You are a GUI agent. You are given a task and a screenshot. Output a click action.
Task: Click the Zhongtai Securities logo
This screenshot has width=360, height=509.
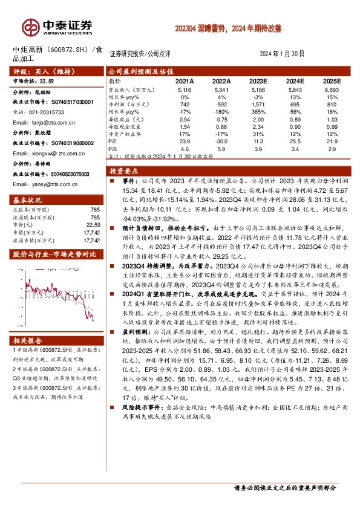coord(57,27)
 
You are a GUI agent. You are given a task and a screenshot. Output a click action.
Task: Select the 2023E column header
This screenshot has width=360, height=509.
coord(258,80)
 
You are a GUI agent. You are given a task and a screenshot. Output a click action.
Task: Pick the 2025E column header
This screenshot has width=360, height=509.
coord(332,80)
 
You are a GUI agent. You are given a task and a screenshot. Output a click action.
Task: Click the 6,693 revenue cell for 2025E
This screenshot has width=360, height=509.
coord(332,89)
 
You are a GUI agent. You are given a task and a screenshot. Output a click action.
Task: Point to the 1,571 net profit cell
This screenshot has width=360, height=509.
coord(258,105)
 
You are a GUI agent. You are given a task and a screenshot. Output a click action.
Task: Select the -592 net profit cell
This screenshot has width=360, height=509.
coord(221,105)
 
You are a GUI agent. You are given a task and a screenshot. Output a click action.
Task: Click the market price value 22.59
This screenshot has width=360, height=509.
coord(47,80)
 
